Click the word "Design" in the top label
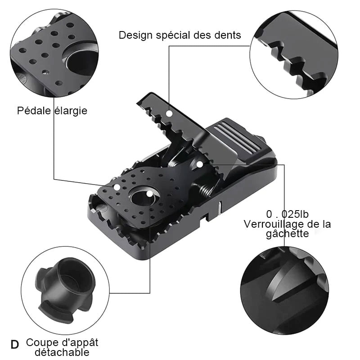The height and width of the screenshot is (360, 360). tap(135, 36)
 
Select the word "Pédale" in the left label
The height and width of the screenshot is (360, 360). tap(34, 110)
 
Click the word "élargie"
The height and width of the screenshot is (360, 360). tap(71, 111)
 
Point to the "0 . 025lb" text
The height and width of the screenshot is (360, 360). tap(287, 214)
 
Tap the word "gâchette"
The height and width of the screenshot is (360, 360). tap(288, 234)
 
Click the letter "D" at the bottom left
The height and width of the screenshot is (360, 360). tap(15, 345)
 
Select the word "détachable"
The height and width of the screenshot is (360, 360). tap(62, 352)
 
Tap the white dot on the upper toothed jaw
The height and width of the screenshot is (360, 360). tap(170, 113)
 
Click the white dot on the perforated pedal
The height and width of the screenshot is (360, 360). tap(117, 187)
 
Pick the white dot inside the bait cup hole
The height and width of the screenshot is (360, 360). tap(149, 194)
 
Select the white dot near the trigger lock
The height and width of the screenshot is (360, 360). tap(200, 164)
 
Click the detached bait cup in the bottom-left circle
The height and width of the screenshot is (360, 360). tap(65, 290)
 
